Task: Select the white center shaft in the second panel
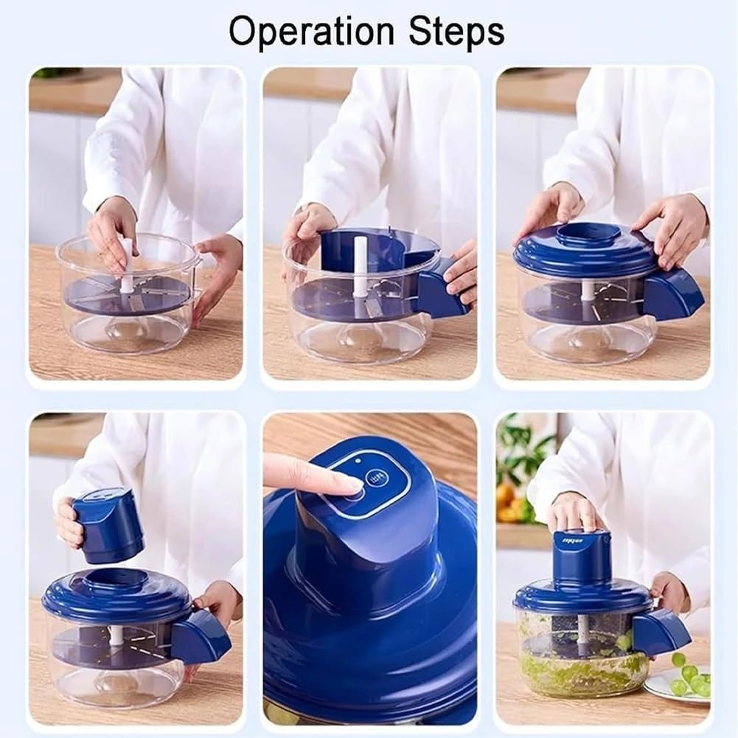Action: (x=360, y=265)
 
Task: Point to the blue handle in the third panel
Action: (x=672, y=293)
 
